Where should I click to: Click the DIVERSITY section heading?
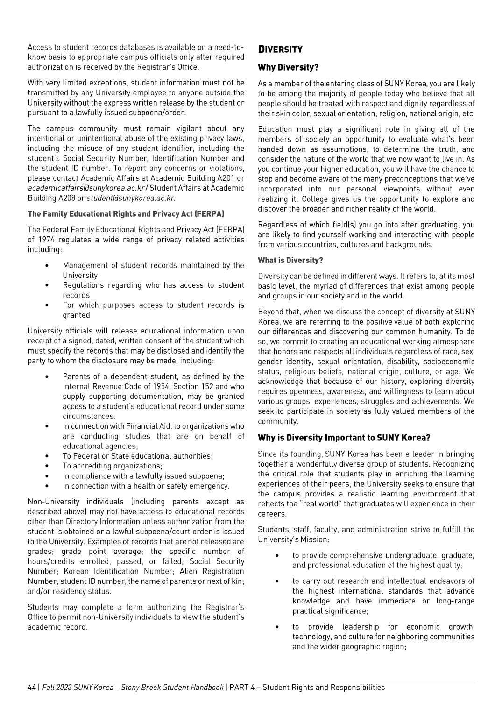pyautogui.click(x=280, y=50)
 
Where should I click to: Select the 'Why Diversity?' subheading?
pyautogui.click(x=288, y=68)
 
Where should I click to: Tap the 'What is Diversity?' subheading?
pyautogui.click(x=290, y=260)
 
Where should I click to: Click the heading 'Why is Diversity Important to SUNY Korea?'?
pyautogui.click(x=344, y=438)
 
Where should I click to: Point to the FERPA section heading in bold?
pyautogui.click(x=126, y=214)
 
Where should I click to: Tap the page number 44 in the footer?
pyautogui.click(x=32, y=687)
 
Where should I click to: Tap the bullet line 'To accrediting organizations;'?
pyautogui.click(x=113, y=466)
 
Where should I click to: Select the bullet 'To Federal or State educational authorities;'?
pyautogui.click(x=137, y=456)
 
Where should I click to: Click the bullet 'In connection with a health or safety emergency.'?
pyautogui.click(x=146, y=486)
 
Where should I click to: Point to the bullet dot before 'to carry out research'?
pyautogui.click(x=277, y=581)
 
